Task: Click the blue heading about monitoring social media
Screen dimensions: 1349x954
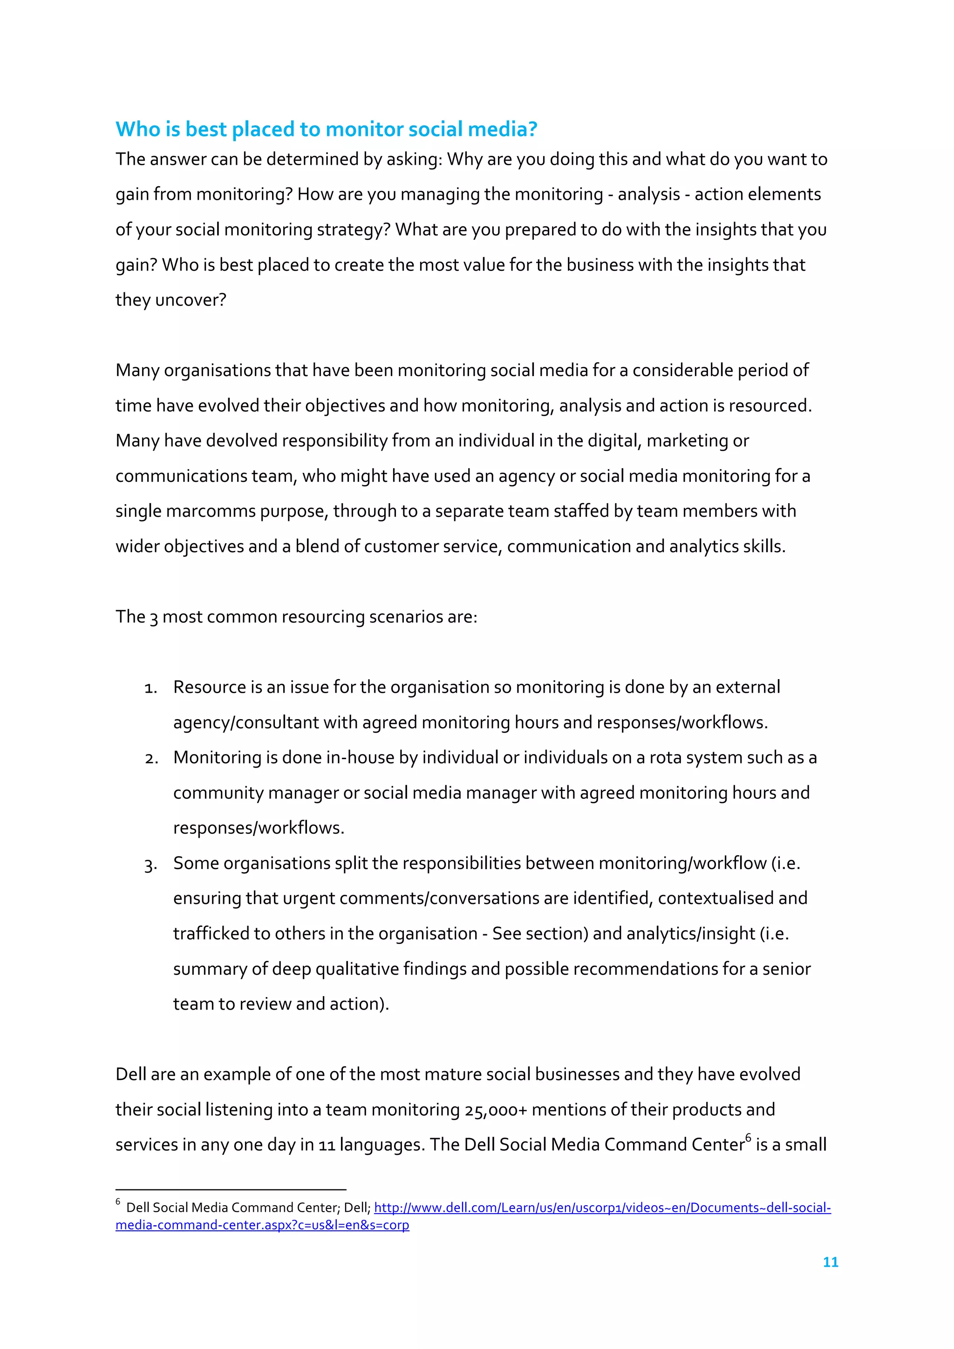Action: point(326,128)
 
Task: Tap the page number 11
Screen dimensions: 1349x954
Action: point(830,1261)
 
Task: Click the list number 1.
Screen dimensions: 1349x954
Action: point(150,688)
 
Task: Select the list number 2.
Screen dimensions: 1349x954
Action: point(151,758)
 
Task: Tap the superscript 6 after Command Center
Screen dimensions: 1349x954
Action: point(748,1138)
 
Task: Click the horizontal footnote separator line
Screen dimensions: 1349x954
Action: point(231,1190)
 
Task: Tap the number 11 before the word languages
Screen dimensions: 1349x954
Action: point(326,1145)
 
